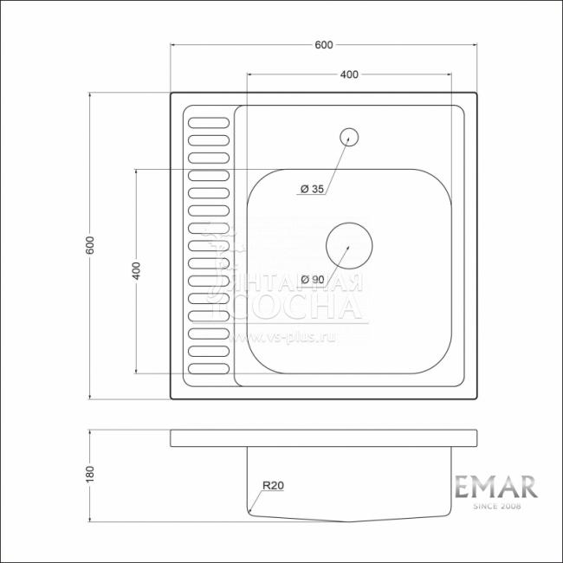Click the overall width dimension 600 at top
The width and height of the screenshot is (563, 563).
(x=325, y=45)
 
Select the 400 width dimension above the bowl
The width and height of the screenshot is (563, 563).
(x=349, y=75)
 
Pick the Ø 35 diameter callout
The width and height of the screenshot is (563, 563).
(x=311, y=189)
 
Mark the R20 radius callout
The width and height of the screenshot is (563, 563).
(x=274, y=486)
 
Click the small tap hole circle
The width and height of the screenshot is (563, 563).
(x=349, y=135)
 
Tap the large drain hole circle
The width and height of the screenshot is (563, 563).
(x=348, y=245)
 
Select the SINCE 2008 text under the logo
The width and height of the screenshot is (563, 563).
(x=496, y=506)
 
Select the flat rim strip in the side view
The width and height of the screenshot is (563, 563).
(x=324, y=437)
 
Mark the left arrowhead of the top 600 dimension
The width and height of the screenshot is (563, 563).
(x=172, y=45)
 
